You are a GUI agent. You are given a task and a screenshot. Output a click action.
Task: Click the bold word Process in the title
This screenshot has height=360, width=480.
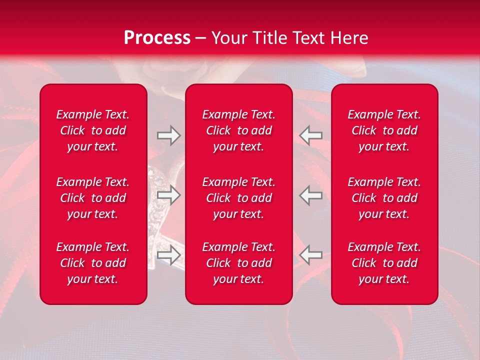pos(157,37)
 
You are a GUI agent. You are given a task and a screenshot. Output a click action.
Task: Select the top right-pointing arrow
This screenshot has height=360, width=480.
pos(168,135)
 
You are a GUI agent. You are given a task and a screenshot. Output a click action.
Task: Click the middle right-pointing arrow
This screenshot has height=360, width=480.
pos(168,195)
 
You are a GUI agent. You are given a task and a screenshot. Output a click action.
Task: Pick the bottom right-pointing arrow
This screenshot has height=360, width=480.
pos(168,255)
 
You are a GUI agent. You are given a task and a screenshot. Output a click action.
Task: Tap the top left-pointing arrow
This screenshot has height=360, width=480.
pos(311,135)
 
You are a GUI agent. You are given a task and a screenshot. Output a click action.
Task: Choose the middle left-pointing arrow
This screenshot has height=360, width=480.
pos(311,195)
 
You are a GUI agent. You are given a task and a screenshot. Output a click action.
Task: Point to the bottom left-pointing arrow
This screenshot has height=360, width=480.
pos(311,255)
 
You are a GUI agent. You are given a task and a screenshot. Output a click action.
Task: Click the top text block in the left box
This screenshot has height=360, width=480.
pos(93,130)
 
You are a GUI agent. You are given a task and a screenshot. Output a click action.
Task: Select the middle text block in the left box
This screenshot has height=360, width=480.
pos(93,198)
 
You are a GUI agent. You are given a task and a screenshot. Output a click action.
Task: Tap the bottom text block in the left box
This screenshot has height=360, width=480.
pos(93,263)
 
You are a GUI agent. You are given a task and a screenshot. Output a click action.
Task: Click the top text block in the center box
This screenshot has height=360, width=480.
pos(239,130)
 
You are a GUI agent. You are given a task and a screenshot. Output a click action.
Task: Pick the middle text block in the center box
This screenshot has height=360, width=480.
pos(239,198)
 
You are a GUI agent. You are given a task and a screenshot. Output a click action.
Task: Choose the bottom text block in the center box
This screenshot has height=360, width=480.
pos(239,263)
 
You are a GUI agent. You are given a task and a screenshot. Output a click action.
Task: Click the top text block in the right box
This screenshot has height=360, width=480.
pos(384,130)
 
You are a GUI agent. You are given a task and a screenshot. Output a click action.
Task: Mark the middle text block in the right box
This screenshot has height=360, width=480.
pos(384,198)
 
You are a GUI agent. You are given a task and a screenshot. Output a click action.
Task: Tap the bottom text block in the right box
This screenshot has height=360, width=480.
pos(384,263)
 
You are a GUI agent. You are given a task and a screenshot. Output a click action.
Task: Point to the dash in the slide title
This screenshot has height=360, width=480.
pos(201,38)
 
